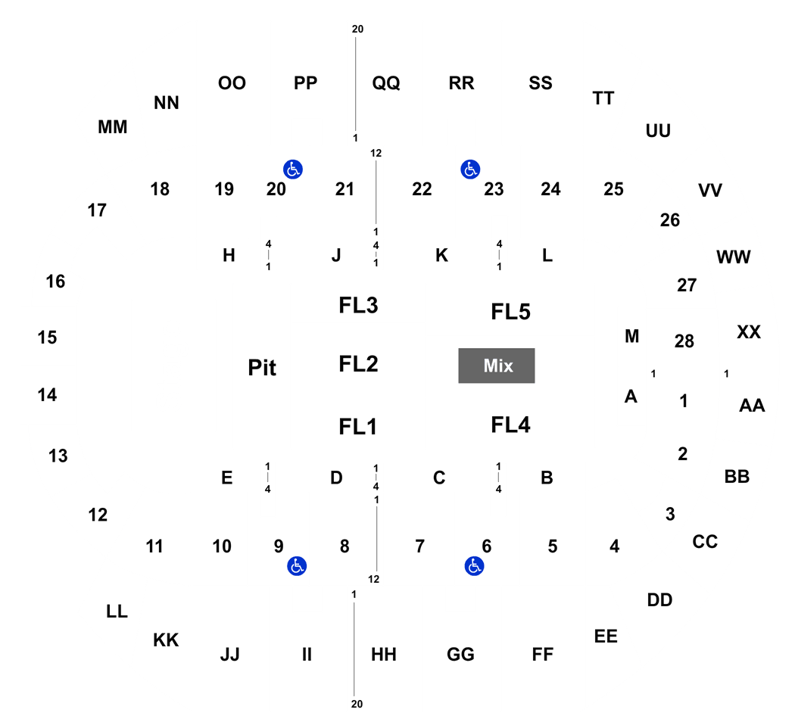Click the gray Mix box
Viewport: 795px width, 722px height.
click(x=497, y=366)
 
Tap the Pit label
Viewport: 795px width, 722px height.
click(x=262, y=368)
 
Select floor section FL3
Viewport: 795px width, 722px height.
click(x=358, y=306)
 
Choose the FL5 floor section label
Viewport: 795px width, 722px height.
click(x=510, y=312)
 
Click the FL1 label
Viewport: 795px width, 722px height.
click(x=358, y=427)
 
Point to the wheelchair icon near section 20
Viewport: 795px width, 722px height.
click(x=293, y=170)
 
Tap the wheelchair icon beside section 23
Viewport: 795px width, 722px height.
click(x=470, y=170)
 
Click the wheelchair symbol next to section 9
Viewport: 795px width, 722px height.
click(x=297, y=566)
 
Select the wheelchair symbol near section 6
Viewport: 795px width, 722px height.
click(x=475, y=566)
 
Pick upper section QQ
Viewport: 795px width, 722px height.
click(x=386, y=82)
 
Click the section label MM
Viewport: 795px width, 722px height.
click(x=113, y=126)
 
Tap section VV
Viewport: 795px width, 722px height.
click(x=710, y=191)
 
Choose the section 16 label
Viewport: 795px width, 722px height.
click(x=56, y=282)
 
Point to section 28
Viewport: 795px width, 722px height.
click(x=684, y=341)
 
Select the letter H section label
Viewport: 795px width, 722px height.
click(x=229, y=255)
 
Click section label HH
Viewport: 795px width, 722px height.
click(x=384, y=655)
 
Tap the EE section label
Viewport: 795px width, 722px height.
click(x=606, y=636)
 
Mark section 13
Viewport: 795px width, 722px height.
click(x=58, y=456)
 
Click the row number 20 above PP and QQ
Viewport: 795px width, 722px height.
click(x=357, y=30)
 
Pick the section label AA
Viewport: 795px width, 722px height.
click(x=752, y=406)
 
